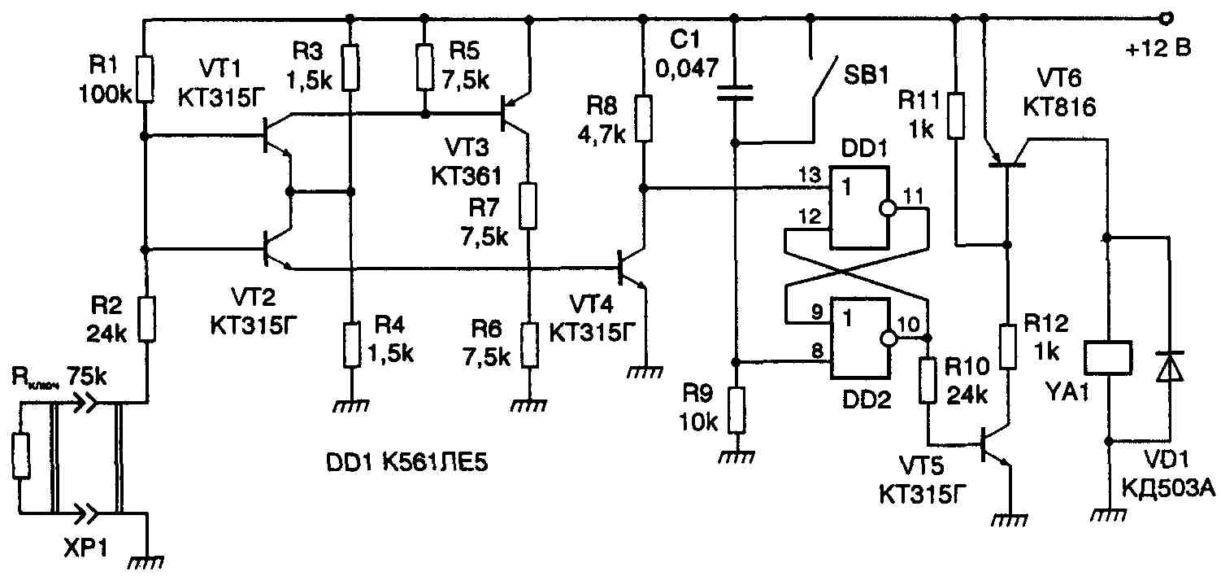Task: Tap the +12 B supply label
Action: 1158,50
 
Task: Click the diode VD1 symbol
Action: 1170,366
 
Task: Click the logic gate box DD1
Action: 858,207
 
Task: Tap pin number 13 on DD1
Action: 810,176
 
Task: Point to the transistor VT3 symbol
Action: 514,115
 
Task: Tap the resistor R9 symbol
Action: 736,412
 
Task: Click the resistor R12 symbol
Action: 1006,346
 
